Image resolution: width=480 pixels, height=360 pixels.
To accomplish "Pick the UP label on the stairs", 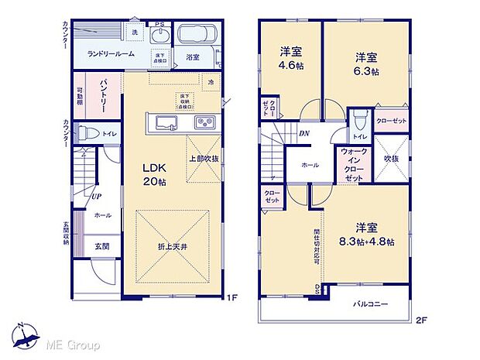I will coord(97,196).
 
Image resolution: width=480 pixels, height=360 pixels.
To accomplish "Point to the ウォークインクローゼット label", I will coord(354,164).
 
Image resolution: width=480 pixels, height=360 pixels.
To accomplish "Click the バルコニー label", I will coord(372,304).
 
